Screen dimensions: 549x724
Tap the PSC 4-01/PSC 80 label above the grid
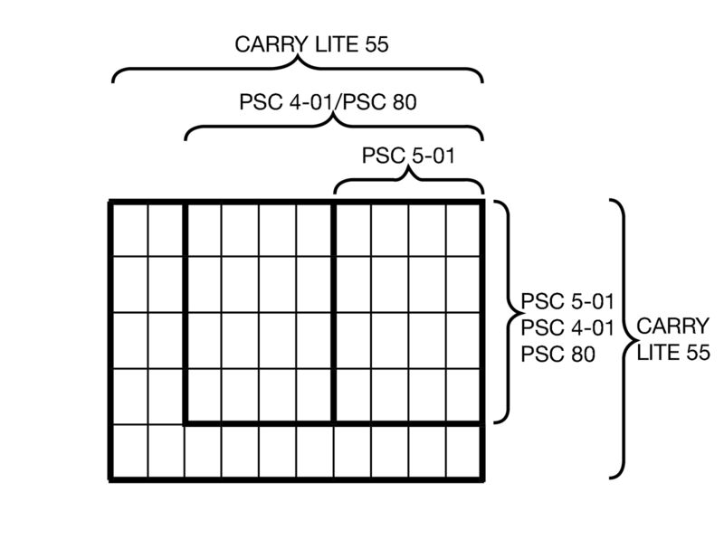coord(327,102)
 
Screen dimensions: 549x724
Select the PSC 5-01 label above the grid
coord(407,156)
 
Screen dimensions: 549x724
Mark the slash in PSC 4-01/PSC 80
coord(341,102)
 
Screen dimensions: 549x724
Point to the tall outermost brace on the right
coord(623,338)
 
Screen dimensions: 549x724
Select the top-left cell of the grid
coord(129,229)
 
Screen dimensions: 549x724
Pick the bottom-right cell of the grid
coord(463,451)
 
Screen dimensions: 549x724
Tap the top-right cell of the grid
coord(463,229)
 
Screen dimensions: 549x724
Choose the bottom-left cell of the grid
coord(129,451)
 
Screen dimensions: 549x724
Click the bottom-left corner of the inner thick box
coord(186,421)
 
